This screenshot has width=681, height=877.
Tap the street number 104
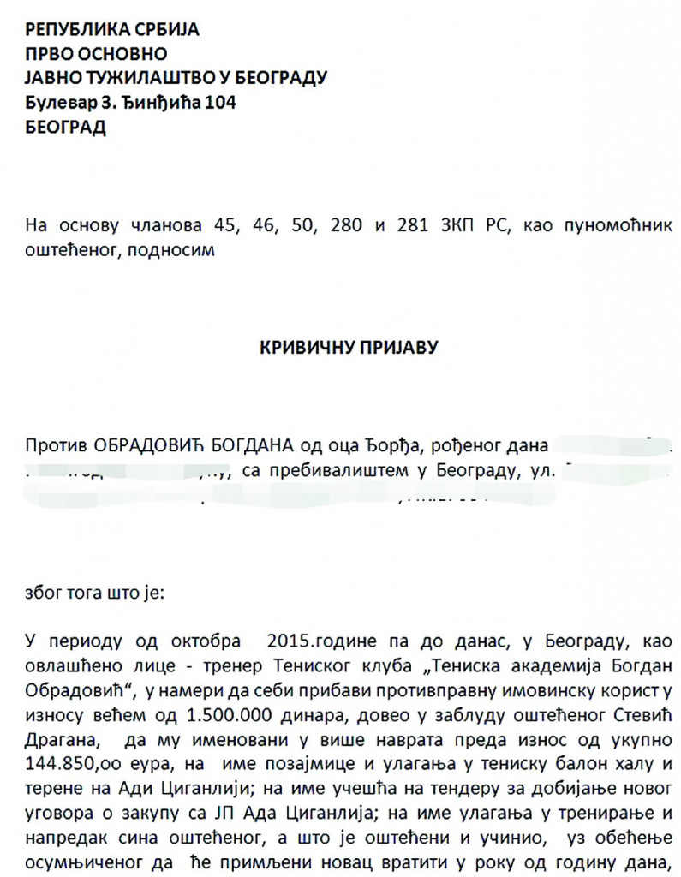(219, 103)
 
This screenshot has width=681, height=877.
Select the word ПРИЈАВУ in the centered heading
(388, 349)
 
